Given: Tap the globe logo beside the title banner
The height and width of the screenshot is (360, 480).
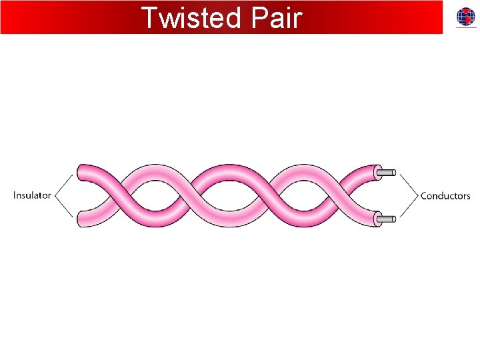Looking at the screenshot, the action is [466, 17].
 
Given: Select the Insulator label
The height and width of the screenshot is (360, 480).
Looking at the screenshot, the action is [32, 195].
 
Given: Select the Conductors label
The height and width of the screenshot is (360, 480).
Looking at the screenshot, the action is [445, 196].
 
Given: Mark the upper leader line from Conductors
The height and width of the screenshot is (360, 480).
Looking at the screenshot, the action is [407, 185].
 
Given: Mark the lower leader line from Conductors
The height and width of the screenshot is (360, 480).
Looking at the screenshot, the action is [407, 207].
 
